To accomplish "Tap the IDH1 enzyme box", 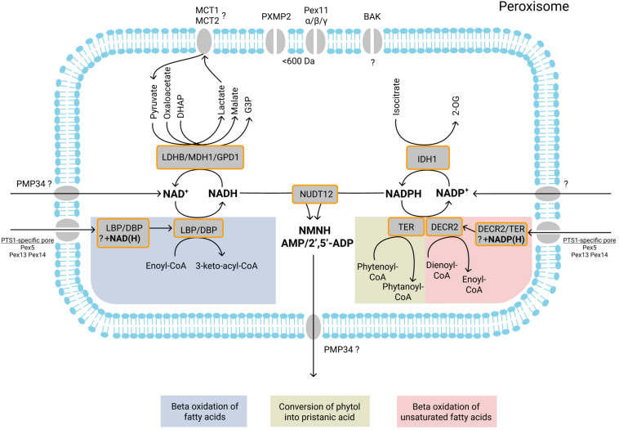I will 425,155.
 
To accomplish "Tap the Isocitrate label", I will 399,106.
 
